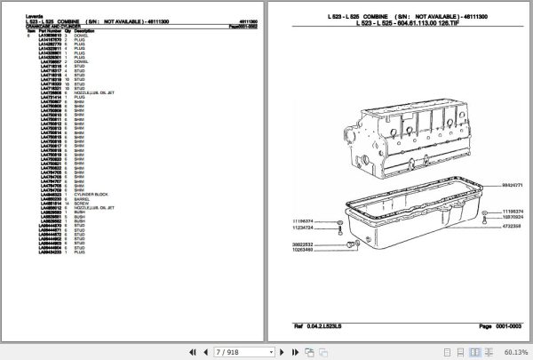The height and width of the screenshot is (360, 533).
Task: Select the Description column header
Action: coord(84,30)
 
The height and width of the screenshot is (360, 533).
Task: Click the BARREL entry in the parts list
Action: coord(81,199)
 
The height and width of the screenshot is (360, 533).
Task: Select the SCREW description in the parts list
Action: coord(81,204)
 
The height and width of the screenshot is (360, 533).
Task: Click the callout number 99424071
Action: coord(504,186)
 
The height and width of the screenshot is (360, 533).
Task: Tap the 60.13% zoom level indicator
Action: coord(516,351)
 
